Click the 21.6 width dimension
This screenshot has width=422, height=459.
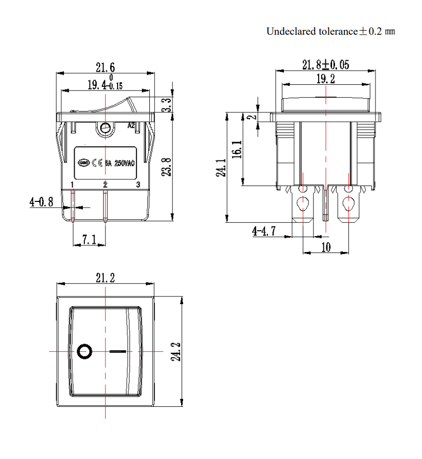pos(105,67)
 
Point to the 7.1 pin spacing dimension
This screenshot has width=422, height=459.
pos(90,239)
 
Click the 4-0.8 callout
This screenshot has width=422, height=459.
pos(41,202)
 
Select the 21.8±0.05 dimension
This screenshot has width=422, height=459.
pos(326,65)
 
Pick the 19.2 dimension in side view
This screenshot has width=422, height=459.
pos(325,79)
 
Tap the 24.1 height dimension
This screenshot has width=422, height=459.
pos(221,168)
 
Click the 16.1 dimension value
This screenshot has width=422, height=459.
pos(236,150)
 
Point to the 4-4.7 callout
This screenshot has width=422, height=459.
pos(264,232)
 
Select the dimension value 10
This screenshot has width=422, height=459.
pos(326,247)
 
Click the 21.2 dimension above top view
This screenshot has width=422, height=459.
pos(105,278)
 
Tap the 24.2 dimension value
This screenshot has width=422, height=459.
pos(175,352)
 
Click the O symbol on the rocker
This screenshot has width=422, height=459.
pos(84,352)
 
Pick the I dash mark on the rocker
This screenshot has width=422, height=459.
pos(118,352)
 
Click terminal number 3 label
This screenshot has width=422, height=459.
pos(137,185)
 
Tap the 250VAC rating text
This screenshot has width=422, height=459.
pos(124,163)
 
